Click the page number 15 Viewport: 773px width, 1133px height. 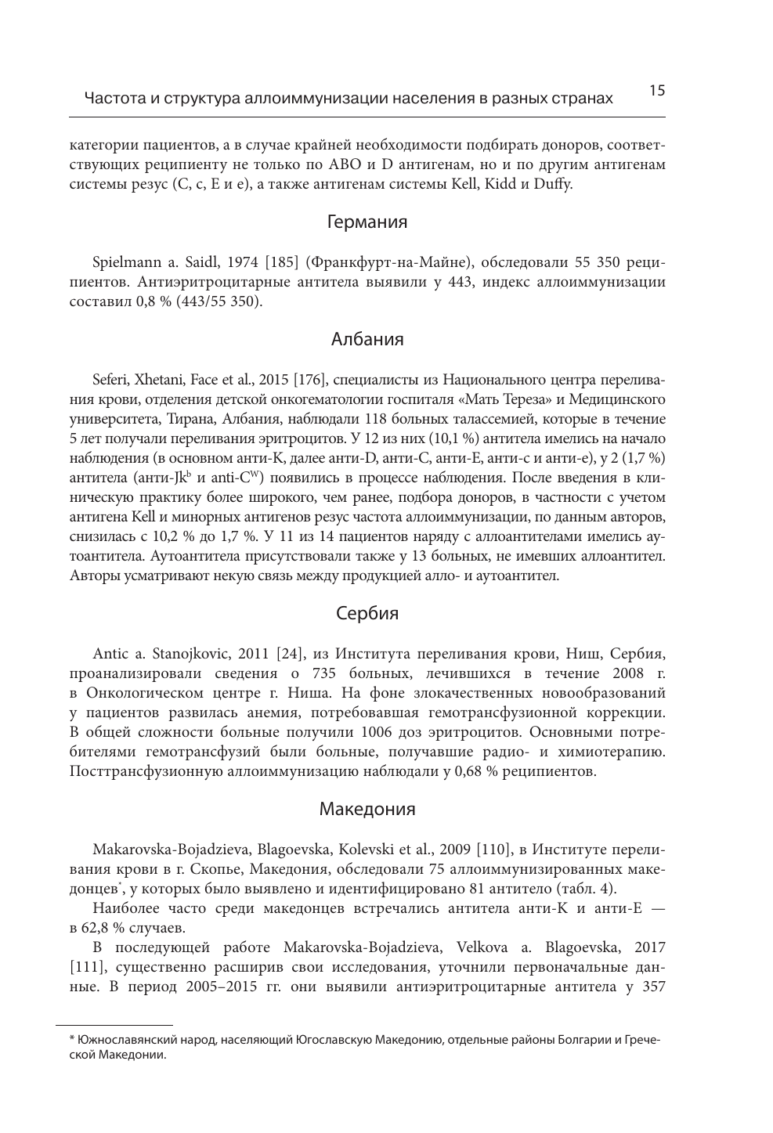[656, 91]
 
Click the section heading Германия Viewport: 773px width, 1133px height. [367, 222]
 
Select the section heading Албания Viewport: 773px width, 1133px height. [367, 340]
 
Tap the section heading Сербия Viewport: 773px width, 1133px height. [367, 614]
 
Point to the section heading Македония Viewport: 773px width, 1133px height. [367, 809]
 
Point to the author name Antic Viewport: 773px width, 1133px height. [110, 653]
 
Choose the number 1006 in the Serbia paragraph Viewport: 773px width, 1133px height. [379, 733]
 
